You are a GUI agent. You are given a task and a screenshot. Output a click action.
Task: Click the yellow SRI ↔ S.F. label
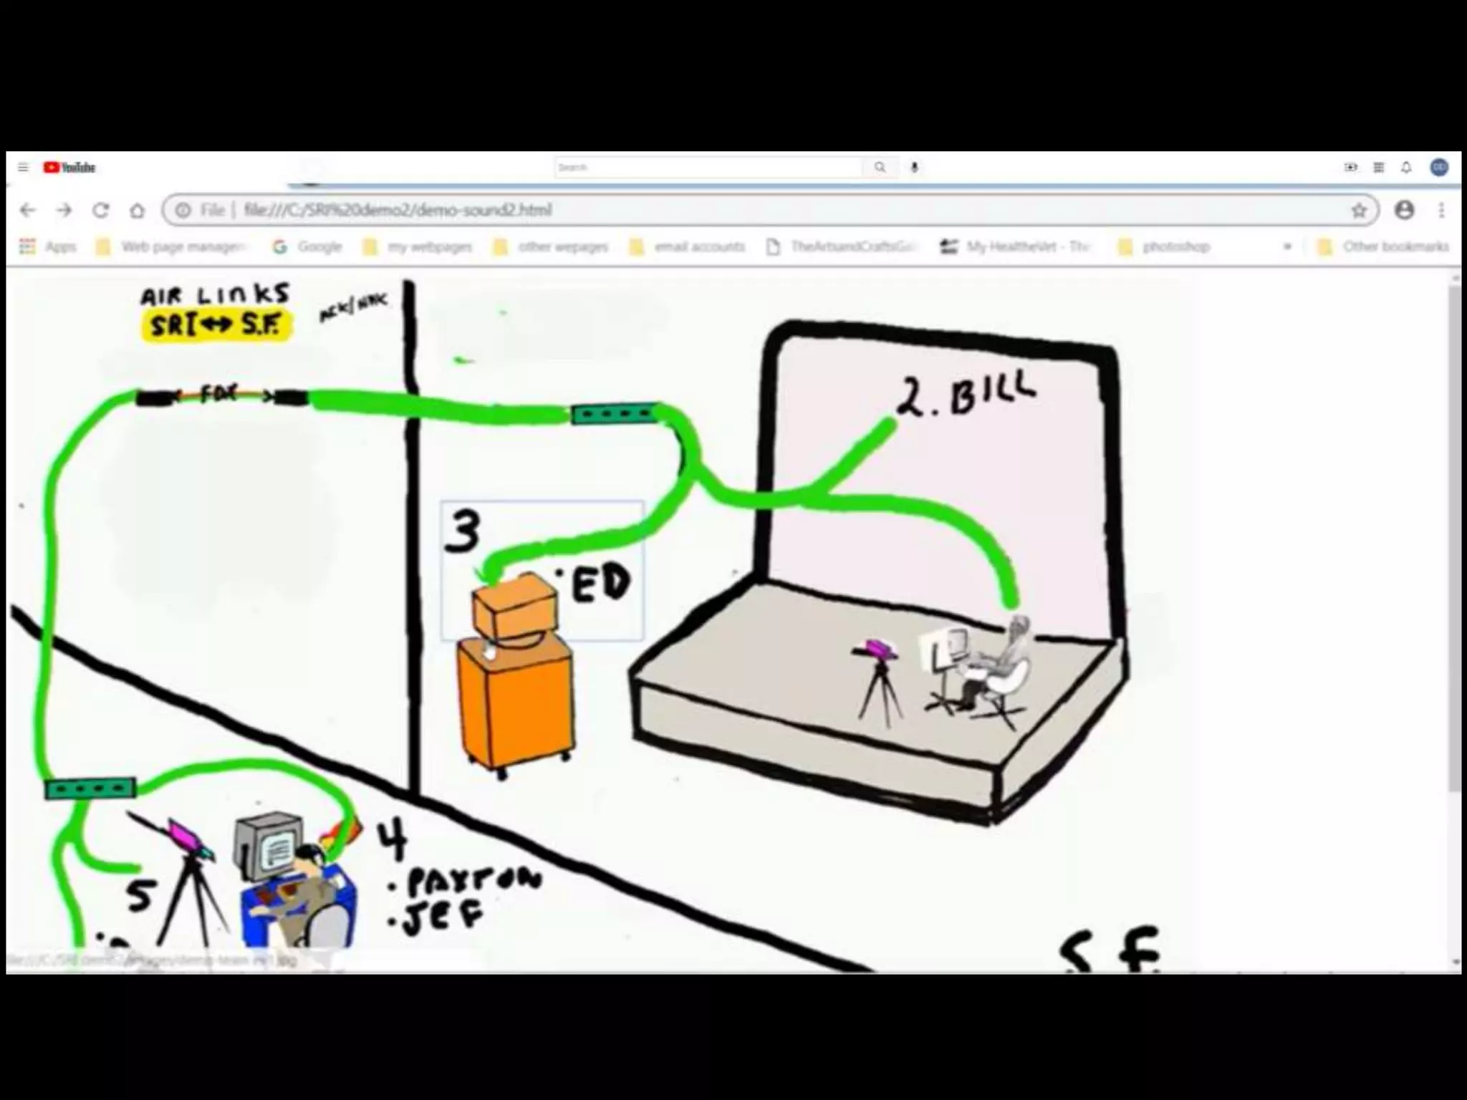click(216, 325)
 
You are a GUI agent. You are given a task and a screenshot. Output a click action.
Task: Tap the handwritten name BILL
click(992, 395)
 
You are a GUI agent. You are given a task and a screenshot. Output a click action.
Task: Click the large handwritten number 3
click(463, 531)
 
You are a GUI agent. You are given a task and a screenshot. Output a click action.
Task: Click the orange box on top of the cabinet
click(514, 609)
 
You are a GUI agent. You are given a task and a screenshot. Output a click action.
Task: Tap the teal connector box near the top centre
click(613, 414)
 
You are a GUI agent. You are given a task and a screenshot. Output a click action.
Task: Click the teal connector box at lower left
click(90, 788)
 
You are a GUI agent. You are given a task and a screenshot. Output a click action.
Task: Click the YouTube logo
click(69, 168)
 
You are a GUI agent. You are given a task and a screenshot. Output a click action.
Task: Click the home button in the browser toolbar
click(137, 211)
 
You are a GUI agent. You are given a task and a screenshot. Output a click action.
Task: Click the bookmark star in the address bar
click(1359, 211)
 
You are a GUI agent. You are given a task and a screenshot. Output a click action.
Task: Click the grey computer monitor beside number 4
click(268, 845)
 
